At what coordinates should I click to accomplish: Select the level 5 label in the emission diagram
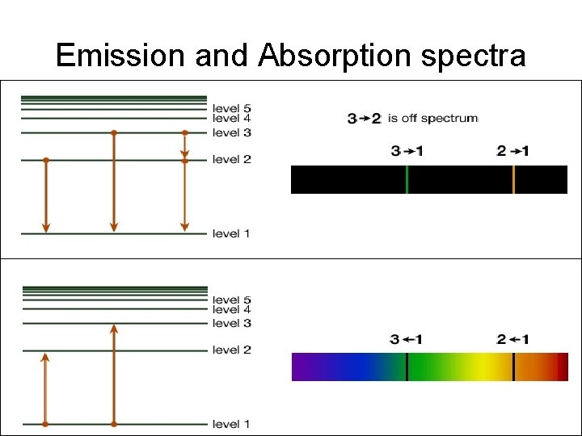232,108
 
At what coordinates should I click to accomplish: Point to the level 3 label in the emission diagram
232,132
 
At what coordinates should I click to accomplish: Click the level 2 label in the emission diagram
232,160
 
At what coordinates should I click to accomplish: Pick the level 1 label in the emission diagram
232,234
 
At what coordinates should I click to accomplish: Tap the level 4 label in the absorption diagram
232,310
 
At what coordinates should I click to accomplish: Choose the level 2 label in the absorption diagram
232,350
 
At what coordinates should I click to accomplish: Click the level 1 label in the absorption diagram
232,425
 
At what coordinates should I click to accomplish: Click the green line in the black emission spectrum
407,179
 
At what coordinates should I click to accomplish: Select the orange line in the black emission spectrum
513,179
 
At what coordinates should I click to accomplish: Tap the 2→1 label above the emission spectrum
513,151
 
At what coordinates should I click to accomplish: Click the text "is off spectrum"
432,119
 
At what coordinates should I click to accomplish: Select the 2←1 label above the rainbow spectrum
513,340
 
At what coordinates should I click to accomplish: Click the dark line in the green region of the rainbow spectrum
407,367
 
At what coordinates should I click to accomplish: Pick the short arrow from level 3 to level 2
184,146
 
